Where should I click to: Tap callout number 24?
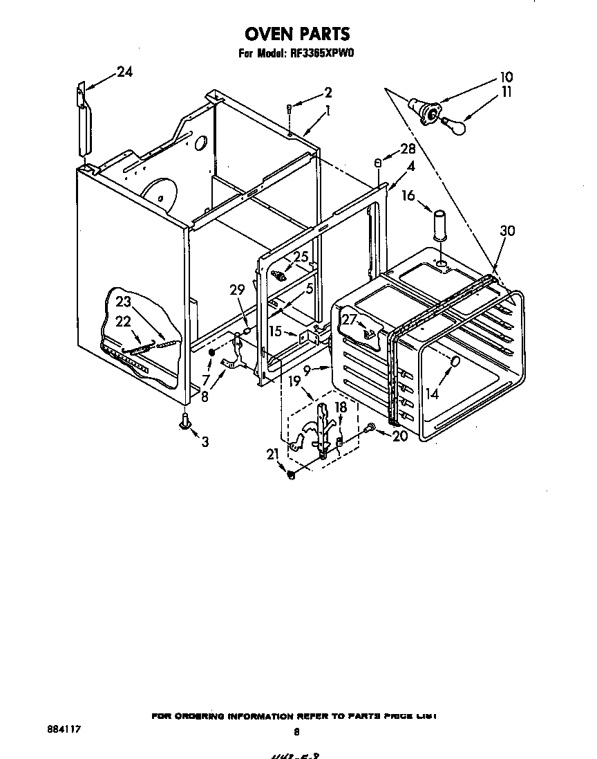[124, 72]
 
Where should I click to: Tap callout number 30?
[507, 232]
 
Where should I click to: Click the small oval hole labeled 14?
[455, 362]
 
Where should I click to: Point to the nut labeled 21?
[291, 475]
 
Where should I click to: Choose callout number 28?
[408, 149]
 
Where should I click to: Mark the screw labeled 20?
[371, 429]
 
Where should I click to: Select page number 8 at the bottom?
[296, 731]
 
